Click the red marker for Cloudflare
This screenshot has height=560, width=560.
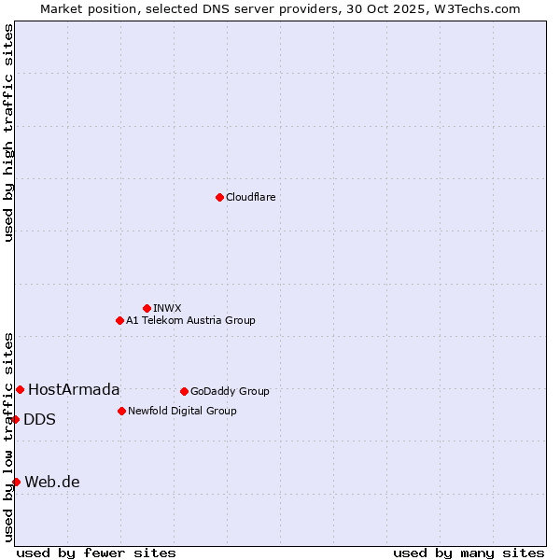[x=219, y=197]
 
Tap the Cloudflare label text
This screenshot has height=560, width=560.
[x=251, y=197]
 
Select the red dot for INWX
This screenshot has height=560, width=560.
[x=147, y=308]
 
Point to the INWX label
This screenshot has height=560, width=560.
[x=167, y=308]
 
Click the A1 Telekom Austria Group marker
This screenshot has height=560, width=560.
[x=119, y=320]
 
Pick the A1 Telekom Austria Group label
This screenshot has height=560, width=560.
[x=190, y=320]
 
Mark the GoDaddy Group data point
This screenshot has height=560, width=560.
[x=184, y=391]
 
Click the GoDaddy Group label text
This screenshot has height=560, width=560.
[x=230, y=391]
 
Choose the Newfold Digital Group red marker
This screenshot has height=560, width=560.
[x=121, y=411]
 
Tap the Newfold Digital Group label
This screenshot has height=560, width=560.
[x=182, y=411]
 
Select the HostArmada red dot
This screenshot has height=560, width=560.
[x=20, y=389]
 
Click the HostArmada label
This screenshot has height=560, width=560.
[x=74, y=389]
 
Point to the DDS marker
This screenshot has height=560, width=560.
[x=16, y=419]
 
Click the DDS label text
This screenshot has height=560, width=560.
[x=39, y=419]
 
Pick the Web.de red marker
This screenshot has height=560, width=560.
[x=16, y=482]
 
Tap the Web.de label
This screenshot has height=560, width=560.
[x=52, y=482]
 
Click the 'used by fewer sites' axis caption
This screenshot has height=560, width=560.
[x=96, y=553]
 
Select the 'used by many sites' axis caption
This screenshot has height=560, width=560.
[x=469, y=553]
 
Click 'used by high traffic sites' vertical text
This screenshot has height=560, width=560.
[x=8, y=133]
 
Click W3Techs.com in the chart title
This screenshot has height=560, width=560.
[x=473, y=8]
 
